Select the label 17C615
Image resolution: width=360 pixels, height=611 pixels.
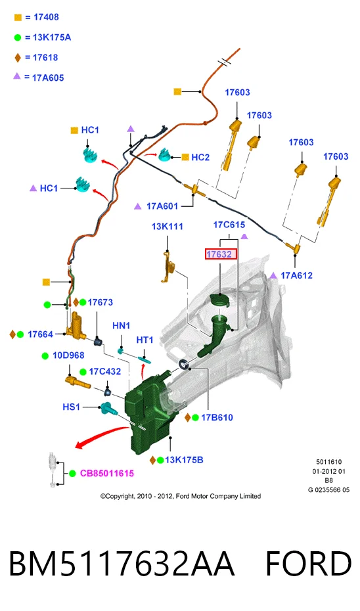(229, 225)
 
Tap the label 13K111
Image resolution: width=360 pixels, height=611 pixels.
(167, 227)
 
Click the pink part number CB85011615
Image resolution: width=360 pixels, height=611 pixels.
(107, 474)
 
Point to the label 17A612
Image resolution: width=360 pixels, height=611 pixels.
(296, 275)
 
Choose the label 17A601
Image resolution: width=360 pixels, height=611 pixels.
(162, 206)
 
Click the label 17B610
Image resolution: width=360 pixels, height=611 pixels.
(217, 418)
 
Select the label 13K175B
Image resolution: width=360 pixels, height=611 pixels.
(184, 460)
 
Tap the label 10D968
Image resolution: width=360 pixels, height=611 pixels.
(68, 355)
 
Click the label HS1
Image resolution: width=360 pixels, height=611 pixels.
(72, 407)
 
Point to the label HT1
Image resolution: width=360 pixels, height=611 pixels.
(145, 340)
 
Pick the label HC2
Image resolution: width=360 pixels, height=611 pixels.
(200, 158)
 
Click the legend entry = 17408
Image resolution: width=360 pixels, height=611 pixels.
(37, 17)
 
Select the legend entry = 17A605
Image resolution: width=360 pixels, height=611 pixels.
(39, 78)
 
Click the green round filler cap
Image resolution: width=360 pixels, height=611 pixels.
(220, 300)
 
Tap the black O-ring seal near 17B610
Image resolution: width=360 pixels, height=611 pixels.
(183, 365)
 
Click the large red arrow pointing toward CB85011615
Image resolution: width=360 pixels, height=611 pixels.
(102, 436)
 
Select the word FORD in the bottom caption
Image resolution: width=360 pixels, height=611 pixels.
(309, 564)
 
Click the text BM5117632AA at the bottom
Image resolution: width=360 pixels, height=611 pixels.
(121, 564)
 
